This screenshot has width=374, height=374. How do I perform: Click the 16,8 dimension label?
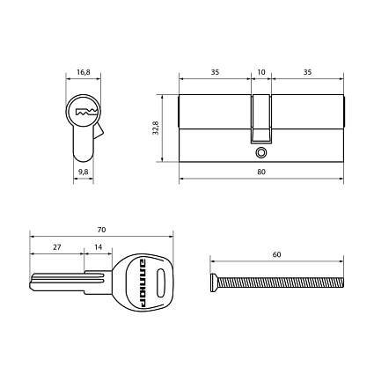84,72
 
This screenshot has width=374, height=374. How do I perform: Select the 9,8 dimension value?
84,172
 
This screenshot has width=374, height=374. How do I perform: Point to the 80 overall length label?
261,172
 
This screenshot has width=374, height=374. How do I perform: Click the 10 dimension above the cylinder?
261,72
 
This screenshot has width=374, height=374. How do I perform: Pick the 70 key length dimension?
101,230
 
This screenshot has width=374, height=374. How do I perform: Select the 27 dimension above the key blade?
57,247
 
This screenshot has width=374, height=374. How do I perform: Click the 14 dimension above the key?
99,247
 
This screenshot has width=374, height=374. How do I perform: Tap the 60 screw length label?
276,254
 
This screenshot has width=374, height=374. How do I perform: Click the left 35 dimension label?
215,72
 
